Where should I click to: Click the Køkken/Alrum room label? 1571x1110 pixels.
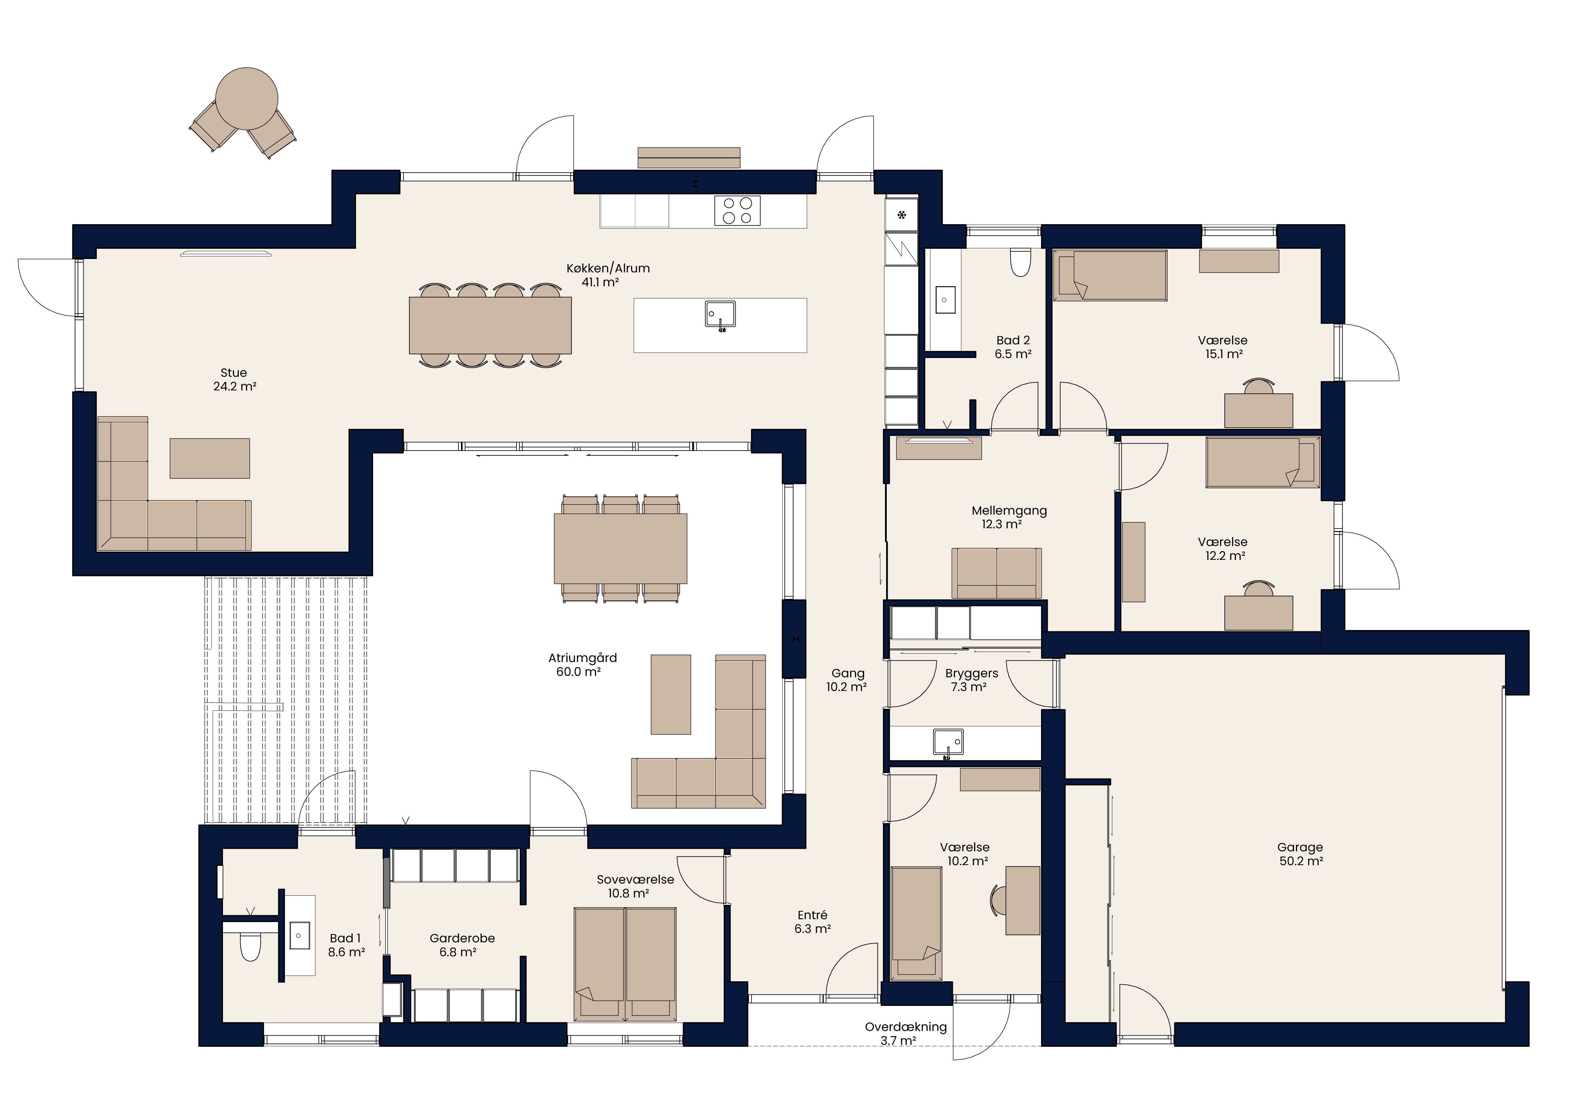608,268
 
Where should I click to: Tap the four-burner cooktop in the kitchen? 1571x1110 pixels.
737,211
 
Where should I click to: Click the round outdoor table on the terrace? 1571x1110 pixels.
246,98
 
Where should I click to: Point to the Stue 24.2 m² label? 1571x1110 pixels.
234,380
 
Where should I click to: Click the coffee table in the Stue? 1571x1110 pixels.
209,458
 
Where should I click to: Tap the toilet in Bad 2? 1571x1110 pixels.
1020,262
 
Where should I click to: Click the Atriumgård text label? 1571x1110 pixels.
582,658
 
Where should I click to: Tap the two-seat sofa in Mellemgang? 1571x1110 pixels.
996,573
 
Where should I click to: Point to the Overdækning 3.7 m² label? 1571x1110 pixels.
905,1033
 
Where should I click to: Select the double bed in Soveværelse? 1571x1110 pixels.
625,964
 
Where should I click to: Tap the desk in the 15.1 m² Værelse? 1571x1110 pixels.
1258,410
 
